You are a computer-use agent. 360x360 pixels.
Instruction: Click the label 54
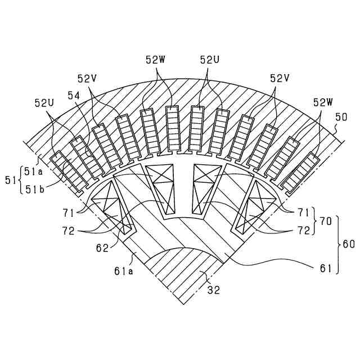click(74, 97)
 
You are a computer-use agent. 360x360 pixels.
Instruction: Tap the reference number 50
click(341, 117)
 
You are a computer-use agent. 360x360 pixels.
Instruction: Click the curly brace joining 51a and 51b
click(21, 180)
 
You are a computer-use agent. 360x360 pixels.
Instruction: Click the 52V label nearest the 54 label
click(88, 78)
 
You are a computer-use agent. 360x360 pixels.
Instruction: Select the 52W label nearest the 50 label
click(323, 102)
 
